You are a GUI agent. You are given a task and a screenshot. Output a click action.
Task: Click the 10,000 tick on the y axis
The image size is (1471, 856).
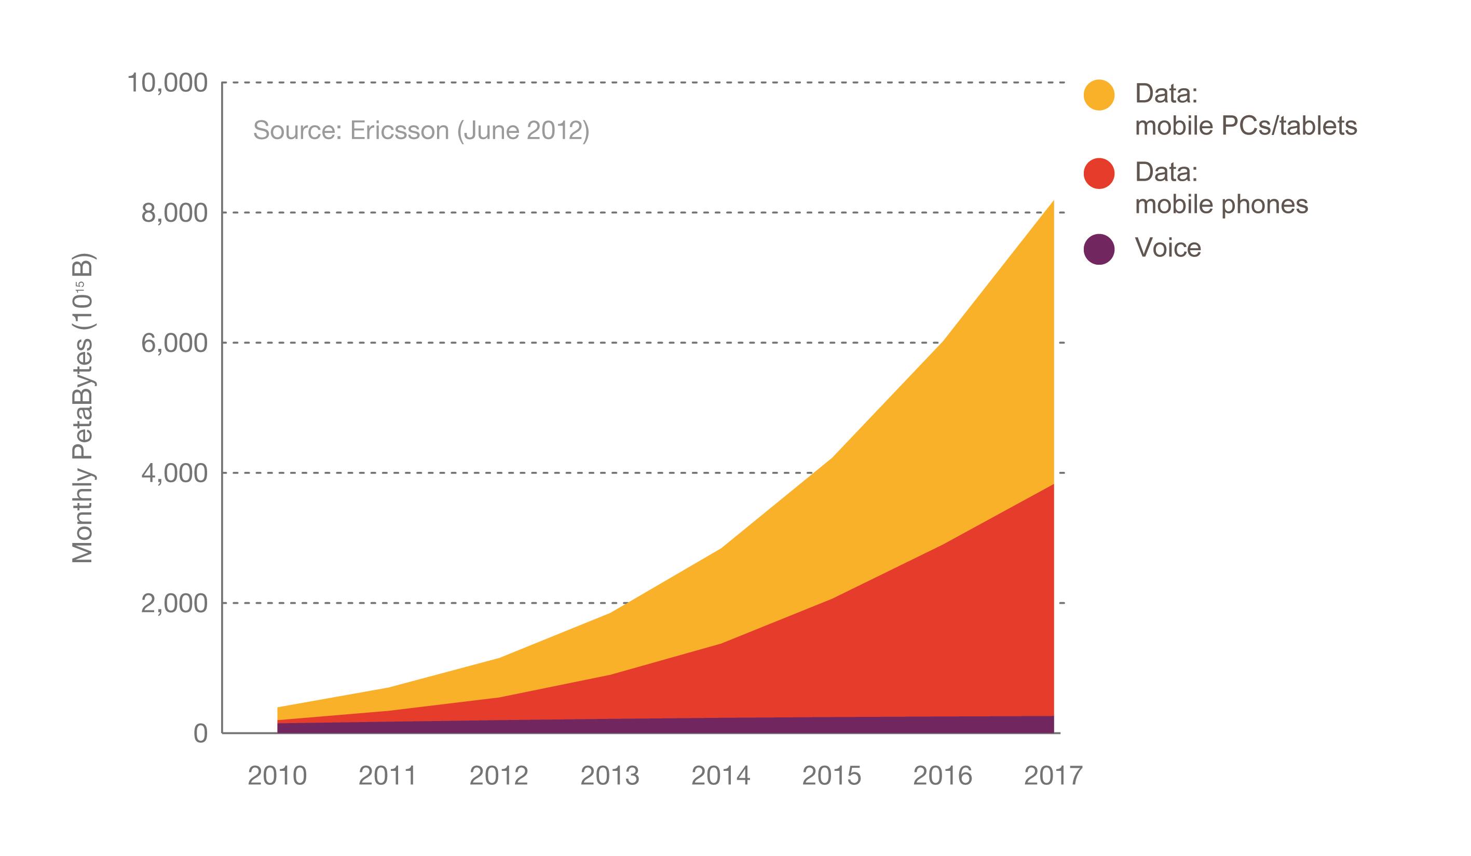coord(167,84)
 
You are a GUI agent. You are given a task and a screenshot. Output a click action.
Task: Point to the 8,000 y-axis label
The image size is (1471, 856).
coord(174,213)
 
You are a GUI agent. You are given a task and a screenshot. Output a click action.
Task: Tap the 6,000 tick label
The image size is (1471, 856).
coord(174,343)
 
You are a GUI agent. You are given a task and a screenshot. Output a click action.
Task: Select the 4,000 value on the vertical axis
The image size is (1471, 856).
coord(174,473)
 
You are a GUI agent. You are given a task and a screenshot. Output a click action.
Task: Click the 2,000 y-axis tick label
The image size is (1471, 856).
coord(174,603)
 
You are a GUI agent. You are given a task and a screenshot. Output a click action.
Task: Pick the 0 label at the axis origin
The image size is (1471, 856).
coord(200,734)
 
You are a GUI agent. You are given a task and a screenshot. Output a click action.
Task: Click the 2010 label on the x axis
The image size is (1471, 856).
coord(277,776)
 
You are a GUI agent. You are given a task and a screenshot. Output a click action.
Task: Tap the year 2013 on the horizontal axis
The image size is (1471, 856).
coord(609,776)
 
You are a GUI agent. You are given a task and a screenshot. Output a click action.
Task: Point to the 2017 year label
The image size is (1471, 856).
coord(1053,776)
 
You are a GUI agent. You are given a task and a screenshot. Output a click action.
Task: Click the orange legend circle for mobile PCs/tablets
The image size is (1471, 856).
coord(1099,94)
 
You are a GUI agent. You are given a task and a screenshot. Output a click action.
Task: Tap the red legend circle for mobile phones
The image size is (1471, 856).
coord(1099,173)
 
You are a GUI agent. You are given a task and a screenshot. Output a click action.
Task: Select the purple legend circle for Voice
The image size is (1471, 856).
coord(1099,249)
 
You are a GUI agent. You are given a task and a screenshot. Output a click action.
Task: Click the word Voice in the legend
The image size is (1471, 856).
coord(1167,248)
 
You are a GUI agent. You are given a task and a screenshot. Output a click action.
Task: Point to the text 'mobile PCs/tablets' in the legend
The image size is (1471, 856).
coord(1245,126)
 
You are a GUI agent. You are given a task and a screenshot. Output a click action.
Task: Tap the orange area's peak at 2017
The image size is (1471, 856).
coord(1053,202)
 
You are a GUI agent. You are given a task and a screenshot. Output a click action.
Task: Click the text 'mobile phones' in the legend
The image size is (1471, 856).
coord(1221,205)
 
